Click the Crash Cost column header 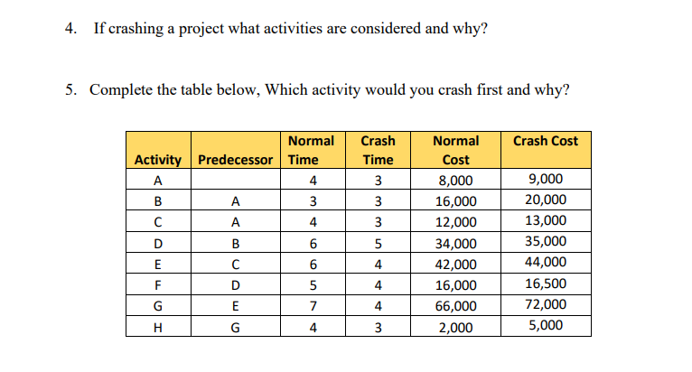point(546,141)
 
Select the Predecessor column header point(235,160)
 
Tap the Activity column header point(157,160)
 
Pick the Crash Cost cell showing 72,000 point(546,304)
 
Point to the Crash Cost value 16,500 point(546,284)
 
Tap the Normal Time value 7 point(312,306)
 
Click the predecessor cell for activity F point(235,285)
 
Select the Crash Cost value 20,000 point(546,200)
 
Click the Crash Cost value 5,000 point(546,325)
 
